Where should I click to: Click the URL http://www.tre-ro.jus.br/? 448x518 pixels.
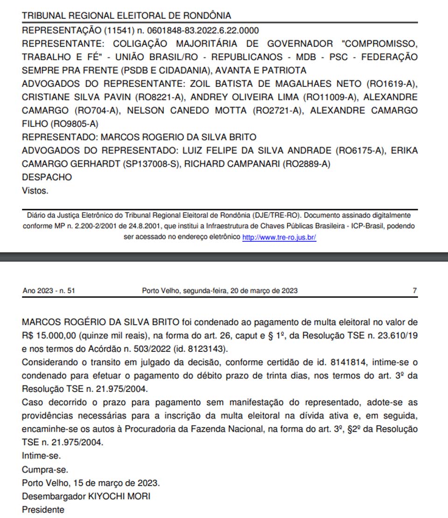click(x=279, y=237)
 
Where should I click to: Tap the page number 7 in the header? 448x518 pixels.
click(x=414, y=291)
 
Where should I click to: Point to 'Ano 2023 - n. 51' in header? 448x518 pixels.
click(x=49, y=291)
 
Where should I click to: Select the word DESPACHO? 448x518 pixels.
click(x=47, y=177)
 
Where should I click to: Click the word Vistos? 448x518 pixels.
click(x=35, y=190)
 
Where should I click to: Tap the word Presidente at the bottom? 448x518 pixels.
click(x=43, y=510)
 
